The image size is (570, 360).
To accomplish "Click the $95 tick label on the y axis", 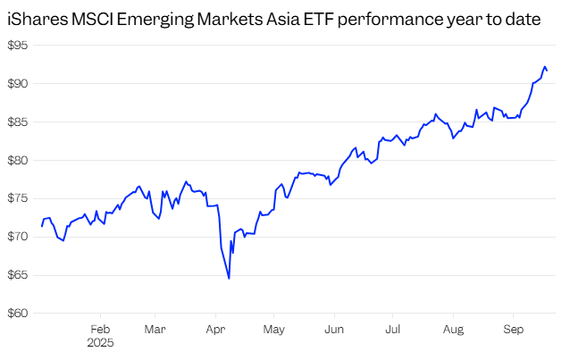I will click(17, 46).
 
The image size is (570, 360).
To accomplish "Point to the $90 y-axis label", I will click(17, 84).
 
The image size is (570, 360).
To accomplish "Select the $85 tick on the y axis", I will click(17, 122).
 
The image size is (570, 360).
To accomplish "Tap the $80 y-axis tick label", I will click(17, 161).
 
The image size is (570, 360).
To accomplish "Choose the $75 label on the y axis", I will click(17, 199).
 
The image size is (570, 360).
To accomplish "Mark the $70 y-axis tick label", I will click(17, 237).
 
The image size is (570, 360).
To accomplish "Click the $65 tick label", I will click(17, 275).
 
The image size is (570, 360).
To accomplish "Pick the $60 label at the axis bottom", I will click(17, 314).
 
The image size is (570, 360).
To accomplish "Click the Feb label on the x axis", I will click(99, 328).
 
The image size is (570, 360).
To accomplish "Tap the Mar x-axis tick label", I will click(155, 328).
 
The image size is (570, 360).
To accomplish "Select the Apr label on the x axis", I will click(215, 328).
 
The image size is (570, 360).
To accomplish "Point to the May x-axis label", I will click(274, 328).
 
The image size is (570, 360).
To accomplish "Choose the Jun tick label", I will click(334, 328).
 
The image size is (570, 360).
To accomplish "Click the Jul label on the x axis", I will click(391, 328).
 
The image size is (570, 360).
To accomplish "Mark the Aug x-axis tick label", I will click(453, 328).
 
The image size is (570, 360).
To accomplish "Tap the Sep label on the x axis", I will click(512, 328).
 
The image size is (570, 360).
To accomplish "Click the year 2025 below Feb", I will click(100, 342).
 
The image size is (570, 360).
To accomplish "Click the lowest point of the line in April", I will click(229, 279).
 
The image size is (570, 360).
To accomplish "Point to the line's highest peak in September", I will click(545, 66).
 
